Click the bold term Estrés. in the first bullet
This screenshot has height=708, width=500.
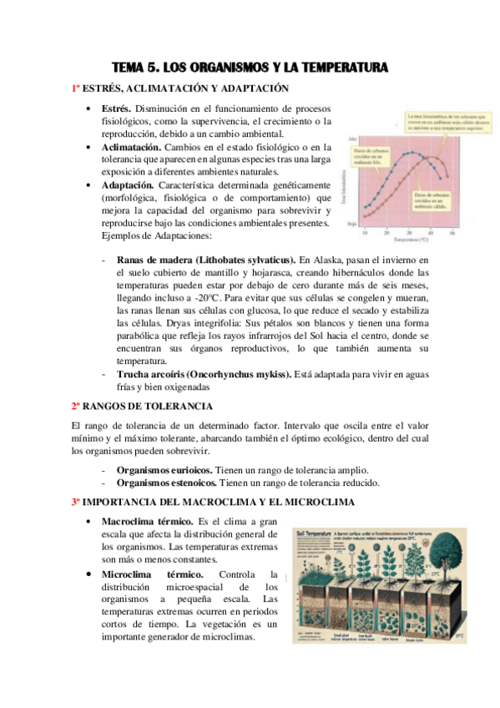[116, 109]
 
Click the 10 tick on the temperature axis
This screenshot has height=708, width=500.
[365, 230]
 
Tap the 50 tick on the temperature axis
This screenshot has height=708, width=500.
[452, 230]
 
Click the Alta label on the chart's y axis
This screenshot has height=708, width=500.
[353, 138]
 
